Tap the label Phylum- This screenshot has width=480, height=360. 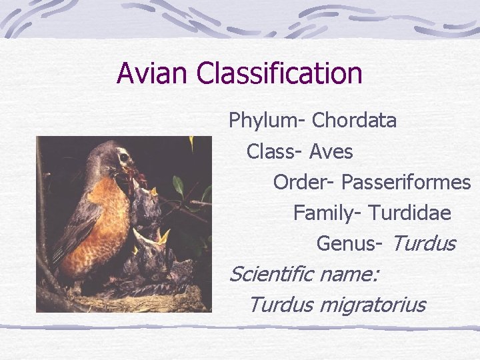click(x=267, y=121)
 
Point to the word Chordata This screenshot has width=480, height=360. click(x=354, y=121)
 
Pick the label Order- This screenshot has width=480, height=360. click(x=304, y=182)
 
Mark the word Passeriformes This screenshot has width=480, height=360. click(x=406, y=182)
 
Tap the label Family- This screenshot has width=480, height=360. click(x=327, y=213)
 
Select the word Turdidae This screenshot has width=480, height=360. click(x=409, y=213)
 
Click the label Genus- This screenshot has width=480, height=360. click(x=349, y=243)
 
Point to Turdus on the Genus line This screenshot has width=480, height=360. click(x=423, y=243)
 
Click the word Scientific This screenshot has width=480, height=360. click(x=271, y=273)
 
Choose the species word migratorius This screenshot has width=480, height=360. click(x=372, y=305)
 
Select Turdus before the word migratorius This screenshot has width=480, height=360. click(x=281, y=305)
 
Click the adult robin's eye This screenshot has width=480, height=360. click(x=123, y=158)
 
